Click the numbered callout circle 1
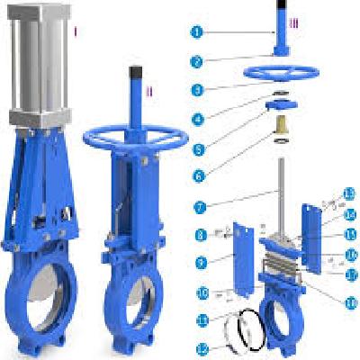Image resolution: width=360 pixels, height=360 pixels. click(x=197, y=32)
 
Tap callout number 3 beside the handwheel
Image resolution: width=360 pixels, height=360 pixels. click(x=197, y=90)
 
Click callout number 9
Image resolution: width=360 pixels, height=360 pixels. click(x=201, y=262)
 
